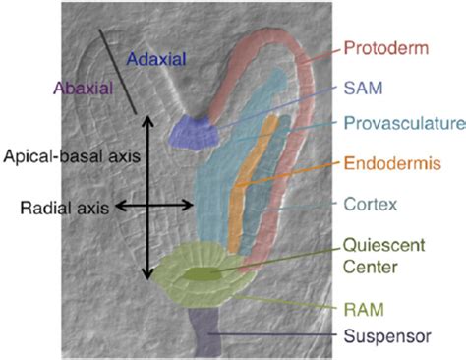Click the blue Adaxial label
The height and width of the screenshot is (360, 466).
157,58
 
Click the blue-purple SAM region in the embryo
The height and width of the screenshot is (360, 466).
193,133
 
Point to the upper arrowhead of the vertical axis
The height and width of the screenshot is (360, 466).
146,121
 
